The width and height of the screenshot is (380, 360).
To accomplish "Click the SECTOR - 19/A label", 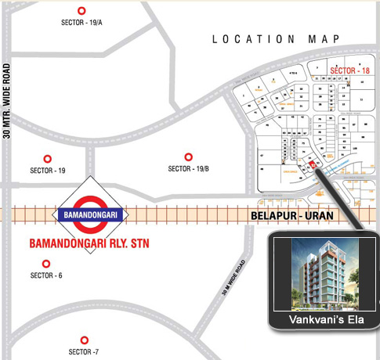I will pos(81,23).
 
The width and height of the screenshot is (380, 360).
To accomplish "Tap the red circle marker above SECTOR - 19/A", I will pos(81,10).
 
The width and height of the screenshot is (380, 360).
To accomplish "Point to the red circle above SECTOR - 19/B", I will pos(187,157).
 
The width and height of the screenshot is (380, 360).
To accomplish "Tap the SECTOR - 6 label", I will pos(46,275).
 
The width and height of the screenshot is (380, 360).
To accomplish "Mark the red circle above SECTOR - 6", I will pos(46,263).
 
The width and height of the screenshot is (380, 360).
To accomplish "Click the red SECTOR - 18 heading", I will pos(349,70).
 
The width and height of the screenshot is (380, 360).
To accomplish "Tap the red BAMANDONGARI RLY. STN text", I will pos(89,243).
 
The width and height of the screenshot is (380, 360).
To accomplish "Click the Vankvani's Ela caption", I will pos(322,320).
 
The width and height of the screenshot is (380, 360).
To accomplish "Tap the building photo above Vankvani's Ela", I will pos(322,273).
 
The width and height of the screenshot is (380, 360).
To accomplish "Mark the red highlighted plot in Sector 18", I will pos(313,165).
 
